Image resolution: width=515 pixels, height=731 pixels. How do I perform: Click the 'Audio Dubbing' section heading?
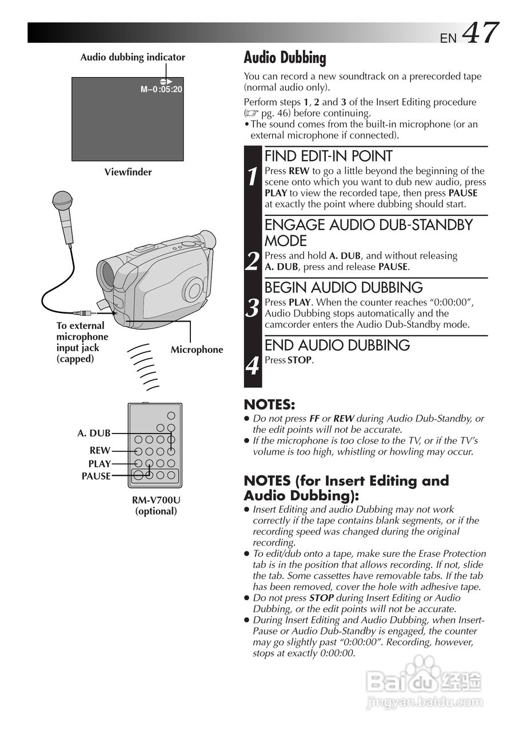285,58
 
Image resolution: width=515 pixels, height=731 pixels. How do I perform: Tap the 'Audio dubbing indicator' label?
133,57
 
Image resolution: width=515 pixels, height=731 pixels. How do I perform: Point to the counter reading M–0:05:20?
161,89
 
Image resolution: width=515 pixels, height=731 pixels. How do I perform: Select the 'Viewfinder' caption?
128,172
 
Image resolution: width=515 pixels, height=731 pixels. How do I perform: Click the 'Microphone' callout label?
197,350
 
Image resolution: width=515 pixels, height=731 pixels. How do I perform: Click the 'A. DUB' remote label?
94,433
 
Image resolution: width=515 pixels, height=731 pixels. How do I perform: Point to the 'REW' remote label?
100,451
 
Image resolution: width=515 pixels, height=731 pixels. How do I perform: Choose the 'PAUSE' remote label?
96,476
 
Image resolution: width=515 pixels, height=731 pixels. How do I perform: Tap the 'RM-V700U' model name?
156,500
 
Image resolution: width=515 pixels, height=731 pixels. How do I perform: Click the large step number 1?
252,178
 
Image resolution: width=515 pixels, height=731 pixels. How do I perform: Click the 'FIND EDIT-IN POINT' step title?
328,156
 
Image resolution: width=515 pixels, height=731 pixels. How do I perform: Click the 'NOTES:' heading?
269,405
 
